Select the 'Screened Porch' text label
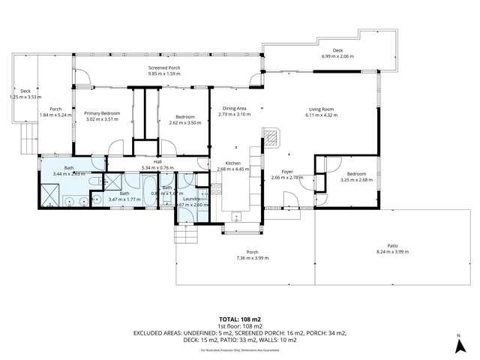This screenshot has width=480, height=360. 163,68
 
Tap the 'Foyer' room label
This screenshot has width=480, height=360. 286,172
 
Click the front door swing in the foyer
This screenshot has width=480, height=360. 288,202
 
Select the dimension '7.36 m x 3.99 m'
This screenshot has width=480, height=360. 252,257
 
